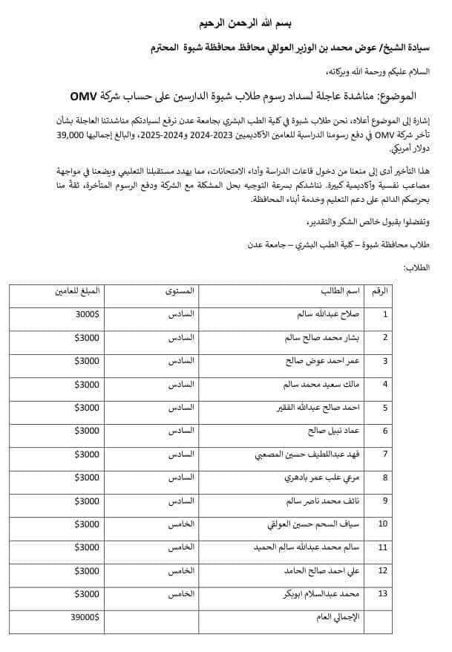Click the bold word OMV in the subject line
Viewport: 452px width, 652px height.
[x=88, y=97]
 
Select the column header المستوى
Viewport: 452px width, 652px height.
[x=178, y=291]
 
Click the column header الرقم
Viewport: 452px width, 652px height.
[x=379, y=291]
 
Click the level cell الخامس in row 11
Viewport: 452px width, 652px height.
[x=180, y=547]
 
